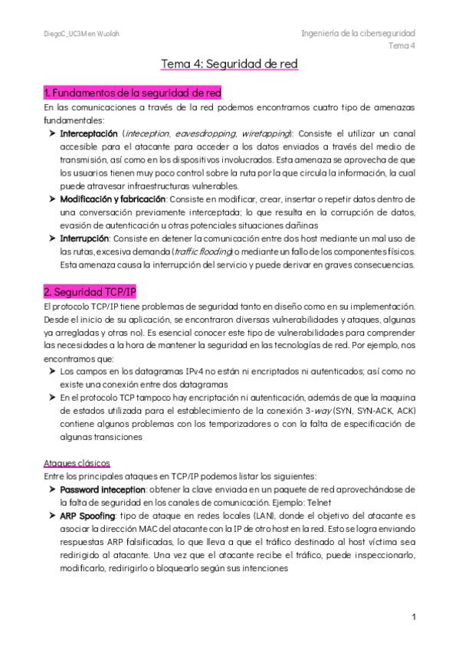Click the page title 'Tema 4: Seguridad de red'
tap(229, 64)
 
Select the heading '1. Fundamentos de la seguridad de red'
tap(133, 94)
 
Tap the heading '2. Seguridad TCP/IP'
tap(90, 292)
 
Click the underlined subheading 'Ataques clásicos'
tap(77, 463)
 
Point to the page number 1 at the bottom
tap(413, 616)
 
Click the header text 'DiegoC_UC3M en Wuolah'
tap(81, 34)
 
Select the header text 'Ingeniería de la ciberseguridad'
tap(358, 33)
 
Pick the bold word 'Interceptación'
tap(89, 133)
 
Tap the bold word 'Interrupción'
tap(86, 238)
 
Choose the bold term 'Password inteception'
tap(103, 489)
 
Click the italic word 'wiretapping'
tap(265, 133)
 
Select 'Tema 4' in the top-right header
tap(402, 45)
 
